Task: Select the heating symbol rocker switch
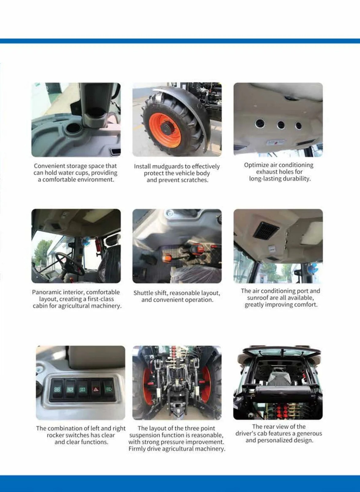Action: click(x=83, y=390)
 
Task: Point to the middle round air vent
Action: click(x=281, y=125)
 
